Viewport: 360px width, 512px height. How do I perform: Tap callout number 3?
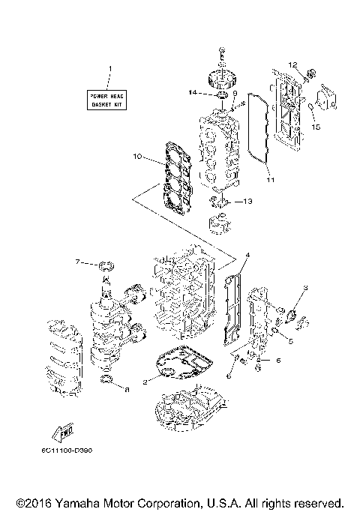[305, 288]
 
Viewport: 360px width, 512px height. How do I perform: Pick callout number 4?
[248, 256]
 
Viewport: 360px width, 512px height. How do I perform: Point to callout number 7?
[77, 262]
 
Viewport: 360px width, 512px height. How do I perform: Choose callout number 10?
[137, 157]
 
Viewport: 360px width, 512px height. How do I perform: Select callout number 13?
[249, 201]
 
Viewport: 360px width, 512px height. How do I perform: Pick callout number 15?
[316, 127]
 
